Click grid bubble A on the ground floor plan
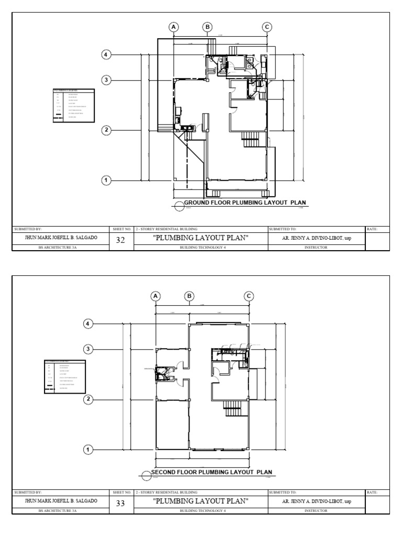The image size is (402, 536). point(173,27)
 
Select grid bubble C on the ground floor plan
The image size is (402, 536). point(267,27)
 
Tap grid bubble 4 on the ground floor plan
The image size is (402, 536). point(106,54)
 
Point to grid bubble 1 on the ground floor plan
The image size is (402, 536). point(106,181)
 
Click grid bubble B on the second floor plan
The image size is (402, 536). point(188,296)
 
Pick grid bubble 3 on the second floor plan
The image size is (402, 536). point(89,349)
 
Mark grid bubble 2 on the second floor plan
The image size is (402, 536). point(89,399)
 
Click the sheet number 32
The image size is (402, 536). point(121,241)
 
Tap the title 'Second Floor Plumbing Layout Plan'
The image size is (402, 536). point(212,472)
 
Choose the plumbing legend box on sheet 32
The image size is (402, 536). point(74,106)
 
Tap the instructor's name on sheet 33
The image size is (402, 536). point(316,501)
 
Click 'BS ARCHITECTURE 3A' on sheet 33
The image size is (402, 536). point(61,510)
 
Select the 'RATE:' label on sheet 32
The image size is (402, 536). point(372,229)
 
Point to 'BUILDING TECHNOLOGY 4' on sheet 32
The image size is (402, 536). point(201,248)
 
